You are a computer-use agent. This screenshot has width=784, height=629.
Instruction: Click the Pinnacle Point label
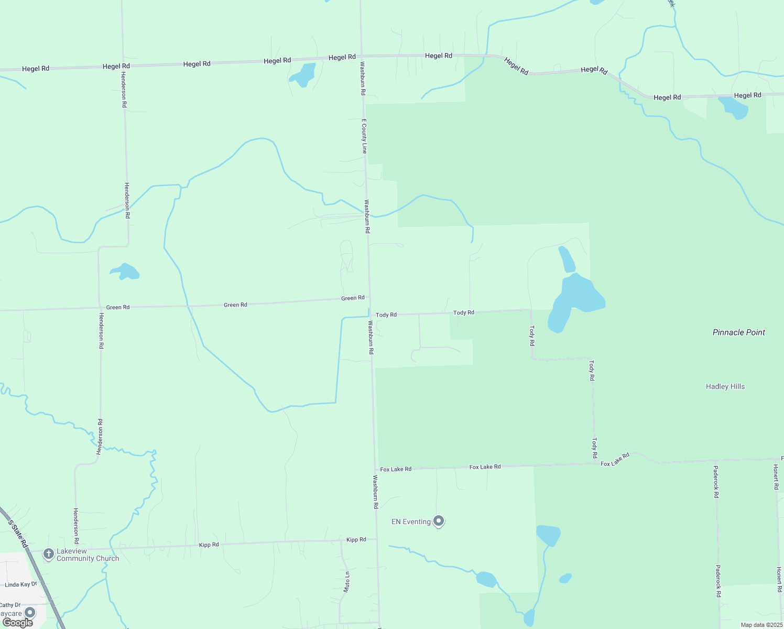coord(738,332)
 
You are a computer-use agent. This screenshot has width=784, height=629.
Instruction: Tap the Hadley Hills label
coord(725,386)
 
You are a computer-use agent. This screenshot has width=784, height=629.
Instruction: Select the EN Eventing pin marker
coord(439,521)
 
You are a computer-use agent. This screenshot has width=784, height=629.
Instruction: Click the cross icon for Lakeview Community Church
coord(48,554)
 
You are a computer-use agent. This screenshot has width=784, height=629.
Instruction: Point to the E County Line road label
coord(364,136)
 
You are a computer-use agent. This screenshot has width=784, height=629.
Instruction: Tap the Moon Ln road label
coord(346,582)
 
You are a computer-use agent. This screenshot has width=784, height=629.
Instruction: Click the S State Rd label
coord(18,534)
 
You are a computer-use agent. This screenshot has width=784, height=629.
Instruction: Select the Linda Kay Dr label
coord(21,584)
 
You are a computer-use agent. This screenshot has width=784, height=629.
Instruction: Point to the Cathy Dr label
coord(10,605)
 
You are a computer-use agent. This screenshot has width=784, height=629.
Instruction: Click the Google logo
coord(18,623)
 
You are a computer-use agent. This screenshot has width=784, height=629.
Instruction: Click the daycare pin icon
coord(30,612)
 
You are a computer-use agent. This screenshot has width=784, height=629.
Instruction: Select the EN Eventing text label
coord(411,522)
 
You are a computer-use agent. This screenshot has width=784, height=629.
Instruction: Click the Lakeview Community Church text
coord(88,555)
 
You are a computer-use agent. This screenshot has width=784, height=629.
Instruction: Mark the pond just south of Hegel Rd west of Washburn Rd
coord(303,74)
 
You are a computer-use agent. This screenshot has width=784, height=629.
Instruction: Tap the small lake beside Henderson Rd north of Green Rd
coord(125,272)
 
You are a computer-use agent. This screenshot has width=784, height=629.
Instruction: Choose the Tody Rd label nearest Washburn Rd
coord(386,315)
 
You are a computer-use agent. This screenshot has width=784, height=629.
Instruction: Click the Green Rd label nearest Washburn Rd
coord(353,298)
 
